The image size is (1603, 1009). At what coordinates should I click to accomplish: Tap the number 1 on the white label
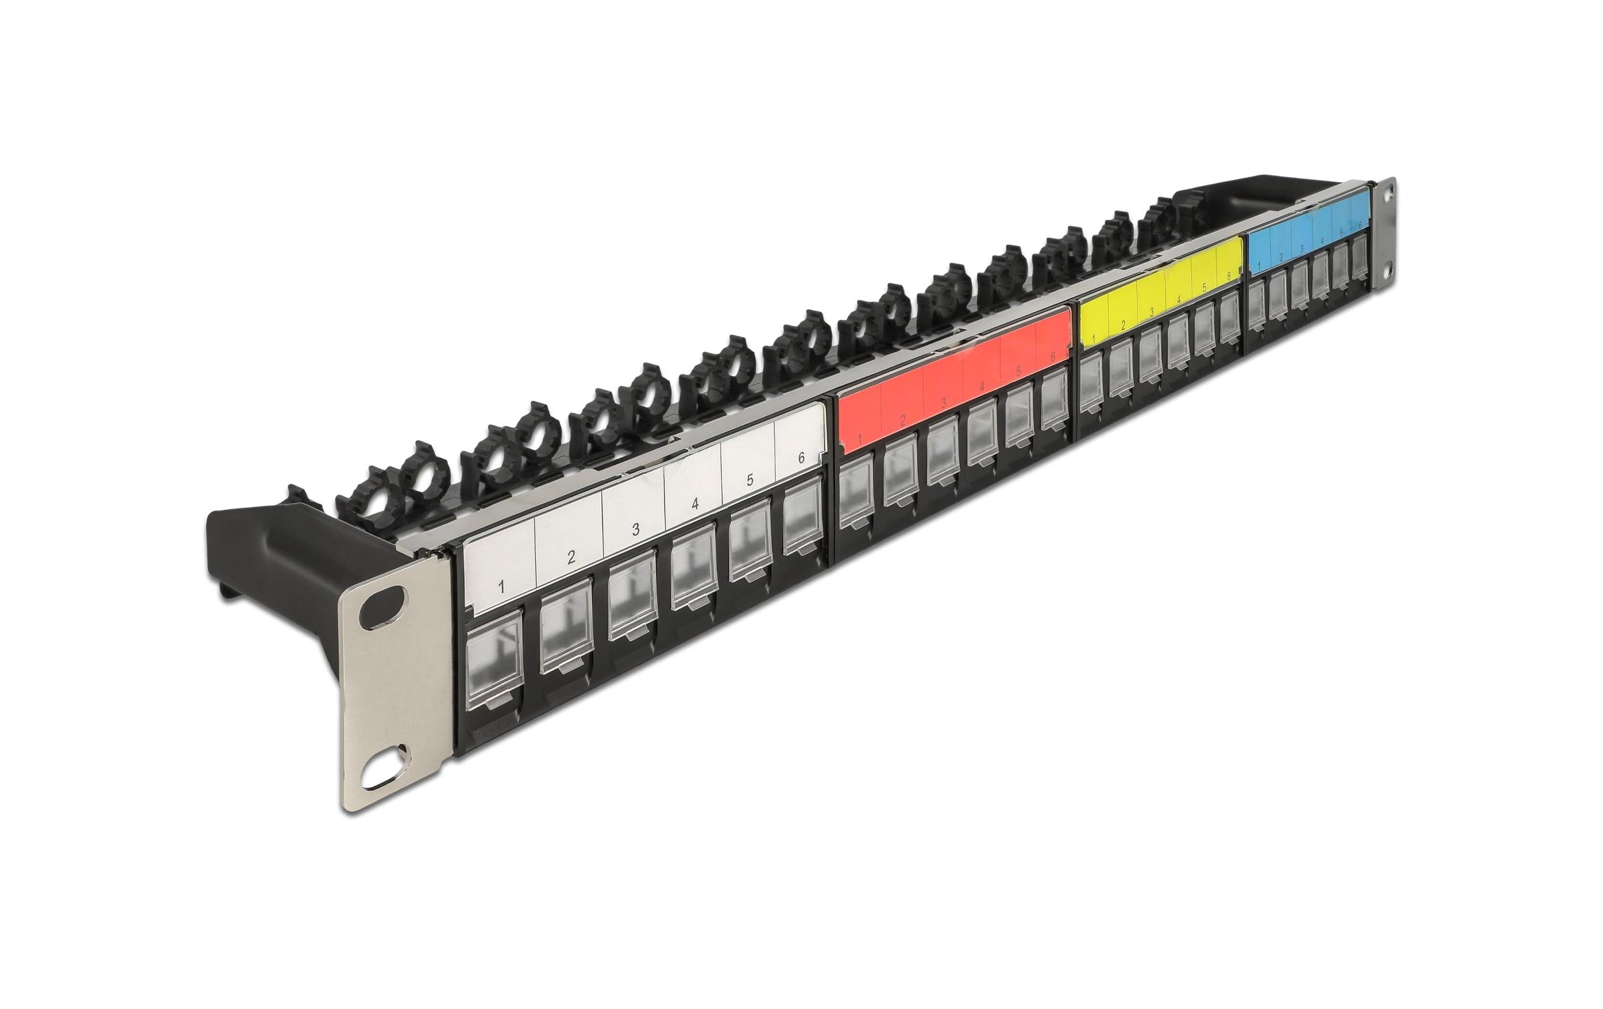(x=501, y=587)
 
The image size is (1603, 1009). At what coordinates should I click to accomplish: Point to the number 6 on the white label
(x=801, y=458)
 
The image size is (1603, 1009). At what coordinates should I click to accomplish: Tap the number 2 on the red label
(x=902, y=421)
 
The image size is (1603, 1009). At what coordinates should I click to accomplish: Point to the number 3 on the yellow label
(x=1151, y=312)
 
